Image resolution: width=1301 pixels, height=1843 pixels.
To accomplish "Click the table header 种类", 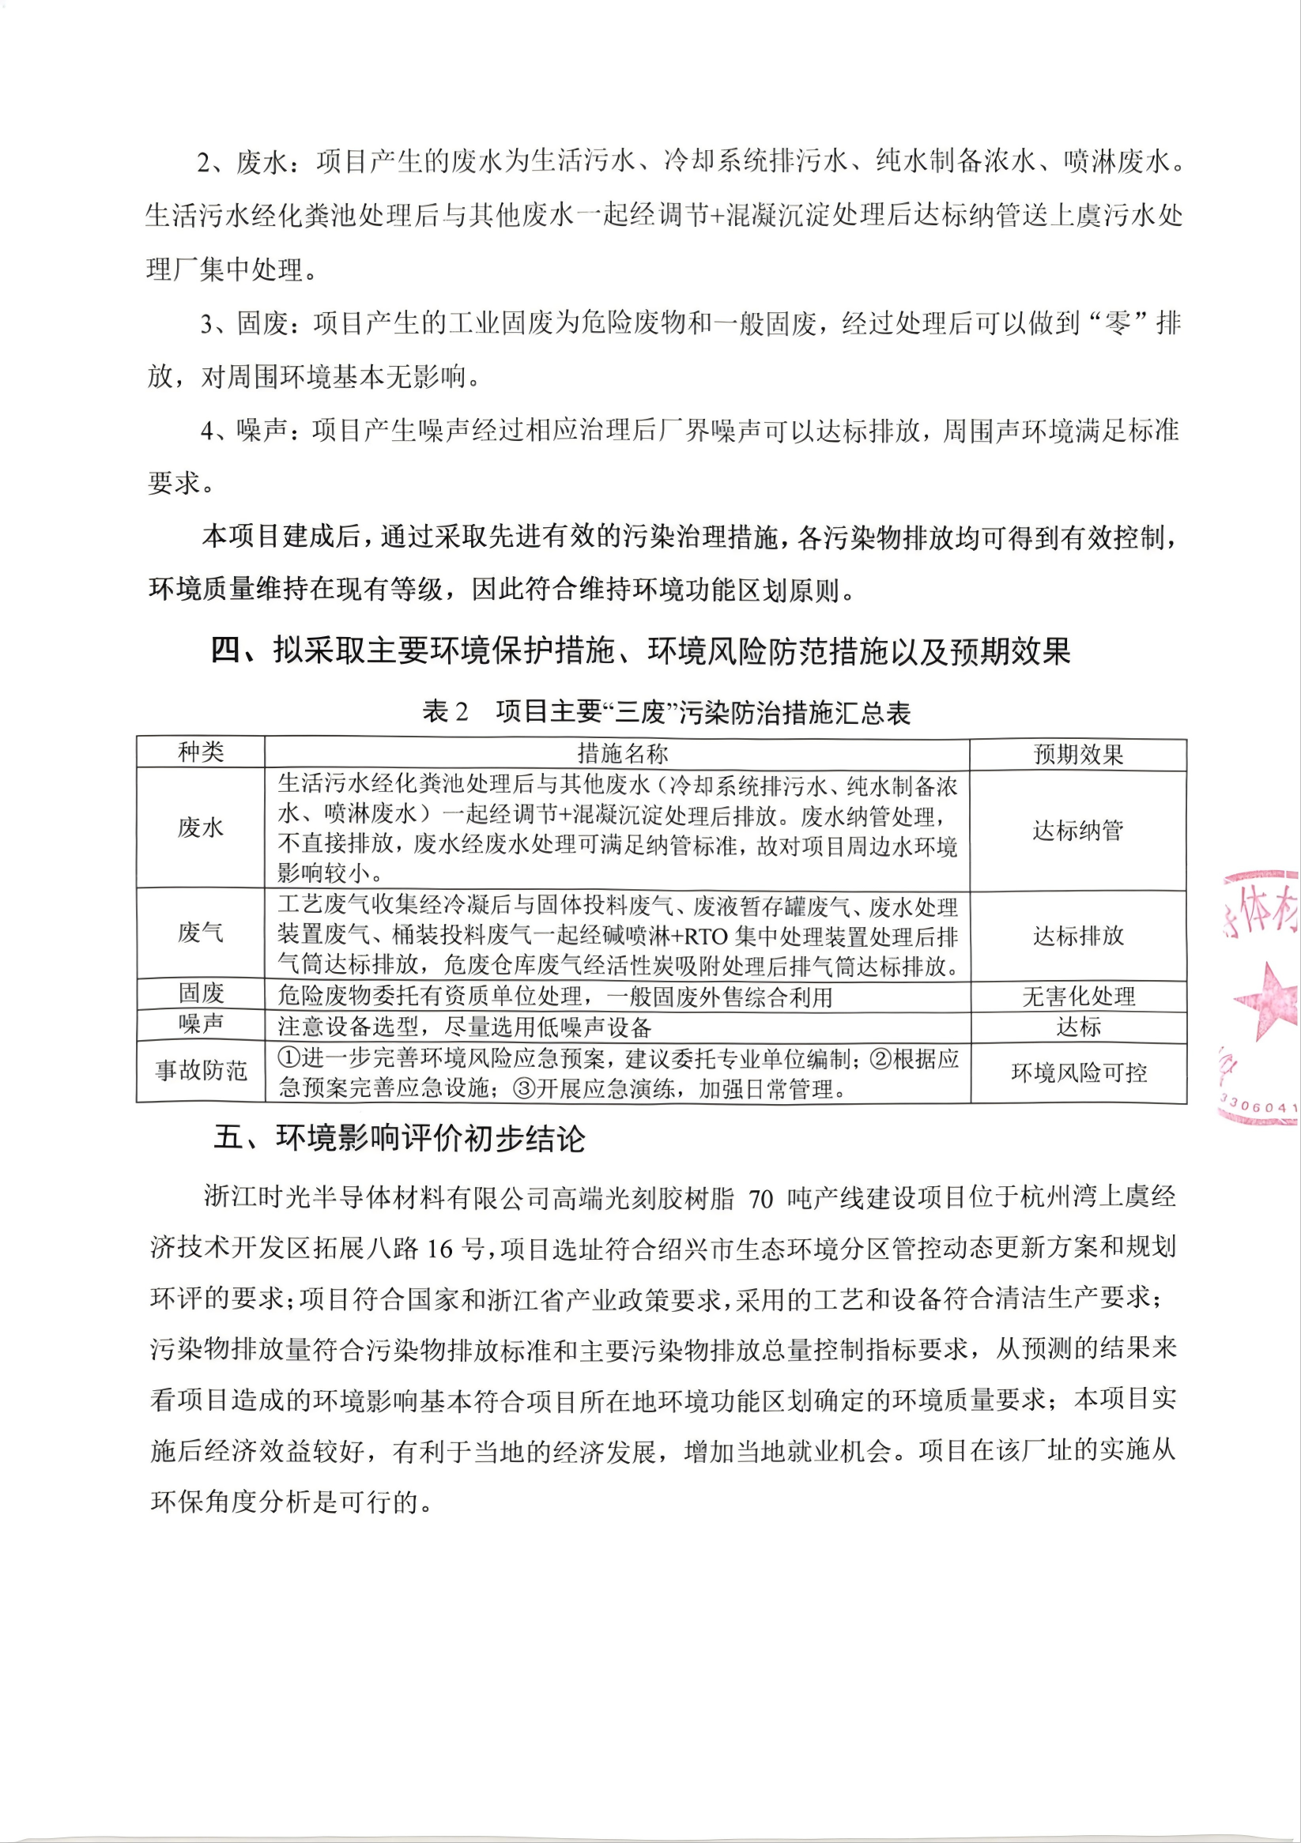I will click(201, 752).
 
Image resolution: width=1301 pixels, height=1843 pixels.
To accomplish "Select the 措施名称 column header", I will click(622, 753).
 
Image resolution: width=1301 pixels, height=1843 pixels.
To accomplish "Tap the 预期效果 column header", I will click(1078, 755).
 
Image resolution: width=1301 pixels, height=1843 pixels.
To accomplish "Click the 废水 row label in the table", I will click(201, 827).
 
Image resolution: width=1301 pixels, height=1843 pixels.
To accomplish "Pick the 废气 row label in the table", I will click(201, 933).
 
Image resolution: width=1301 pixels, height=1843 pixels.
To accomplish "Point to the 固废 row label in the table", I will click(201, 993).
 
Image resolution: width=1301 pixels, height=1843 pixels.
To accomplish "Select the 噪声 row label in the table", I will click(201, 1024).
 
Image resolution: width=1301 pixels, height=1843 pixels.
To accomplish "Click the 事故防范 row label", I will click(201, 1070).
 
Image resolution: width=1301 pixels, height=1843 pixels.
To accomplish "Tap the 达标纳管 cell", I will click(1078, 830).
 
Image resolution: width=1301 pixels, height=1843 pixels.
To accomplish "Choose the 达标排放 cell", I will click(1078, 935).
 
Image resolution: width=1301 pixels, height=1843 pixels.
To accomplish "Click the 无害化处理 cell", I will click(1078, 996).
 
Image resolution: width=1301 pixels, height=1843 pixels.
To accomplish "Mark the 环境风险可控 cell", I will click(1078, 1072).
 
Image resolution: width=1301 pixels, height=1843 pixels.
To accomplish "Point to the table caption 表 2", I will click(446, 711).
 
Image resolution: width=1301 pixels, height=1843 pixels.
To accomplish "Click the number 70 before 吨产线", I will click(760, 1199).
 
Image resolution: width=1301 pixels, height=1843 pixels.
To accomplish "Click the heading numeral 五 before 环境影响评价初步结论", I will click(228, 1138).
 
